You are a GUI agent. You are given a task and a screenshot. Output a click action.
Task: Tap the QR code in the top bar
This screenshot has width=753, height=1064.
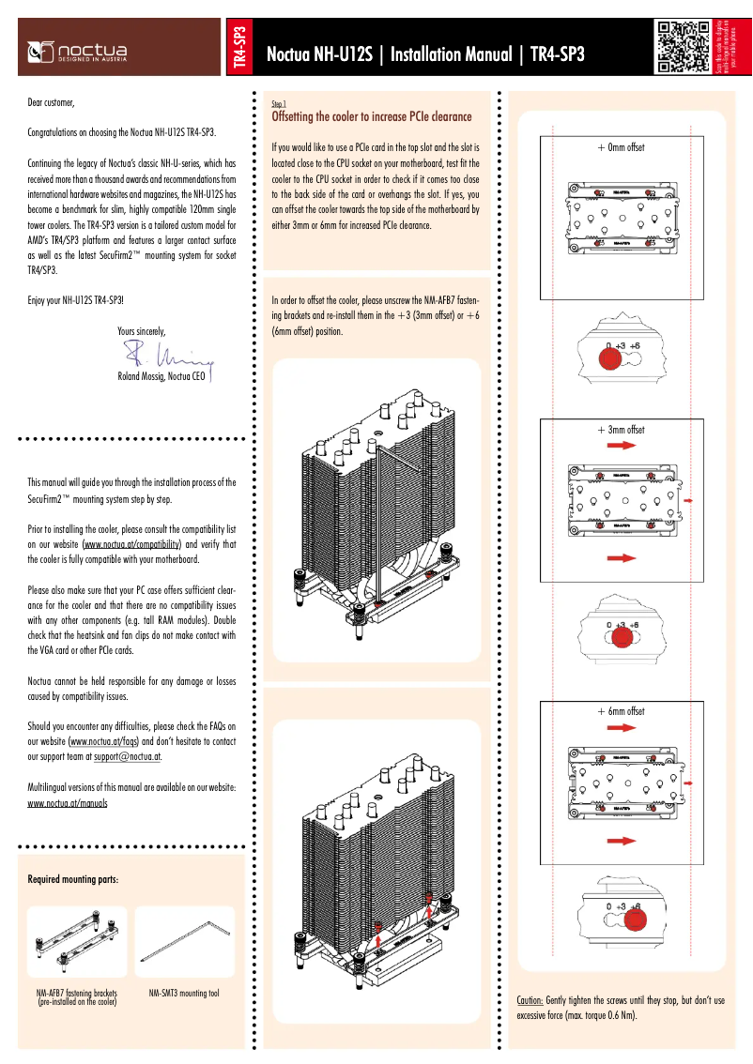(683, 46)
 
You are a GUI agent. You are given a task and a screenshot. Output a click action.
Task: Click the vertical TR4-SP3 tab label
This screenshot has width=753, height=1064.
(239, 47)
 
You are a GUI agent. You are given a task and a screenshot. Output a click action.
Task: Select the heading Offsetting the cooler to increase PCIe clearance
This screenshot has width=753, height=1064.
(371, 117)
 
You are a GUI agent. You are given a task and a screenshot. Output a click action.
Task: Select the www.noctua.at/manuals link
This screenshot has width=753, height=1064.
(68, 803)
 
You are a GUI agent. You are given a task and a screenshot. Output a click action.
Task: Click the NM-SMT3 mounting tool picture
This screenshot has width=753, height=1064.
(185, 943)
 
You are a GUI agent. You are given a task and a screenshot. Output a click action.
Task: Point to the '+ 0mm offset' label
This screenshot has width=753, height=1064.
(621, 147)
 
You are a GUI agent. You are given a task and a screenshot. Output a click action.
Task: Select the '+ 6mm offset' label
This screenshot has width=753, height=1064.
(621, 711)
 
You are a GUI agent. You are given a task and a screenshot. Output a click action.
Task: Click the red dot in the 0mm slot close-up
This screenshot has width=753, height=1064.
(610, 358)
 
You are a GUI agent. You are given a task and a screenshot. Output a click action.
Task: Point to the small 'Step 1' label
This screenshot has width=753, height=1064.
(278, 103)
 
